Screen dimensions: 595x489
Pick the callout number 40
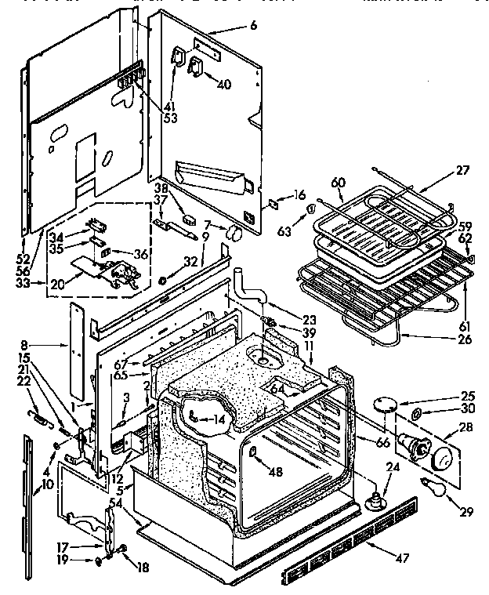[x=223, y=84]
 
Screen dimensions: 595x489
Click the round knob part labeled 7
[x=231, y=232]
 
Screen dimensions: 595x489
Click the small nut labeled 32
[x=162, y=280]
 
